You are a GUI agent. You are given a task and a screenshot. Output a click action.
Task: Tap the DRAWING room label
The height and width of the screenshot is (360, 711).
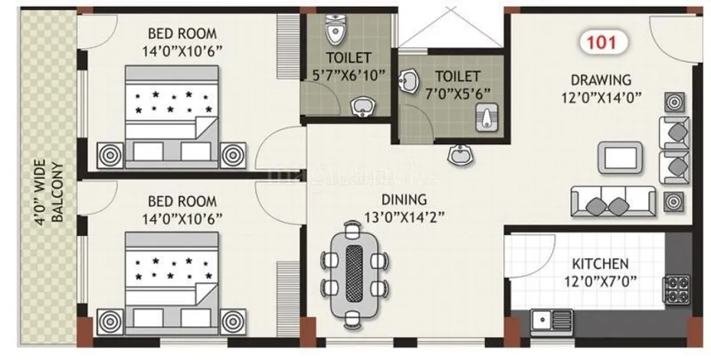tap(600, 80)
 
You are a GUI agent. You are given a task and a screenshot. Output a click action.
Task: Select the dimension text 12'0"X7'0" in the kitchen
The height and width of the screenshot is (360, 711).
tap(601, 280)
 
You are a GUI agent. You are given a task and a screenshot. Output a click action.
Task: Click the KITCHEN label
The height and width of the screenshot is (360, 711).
tap(601, 263)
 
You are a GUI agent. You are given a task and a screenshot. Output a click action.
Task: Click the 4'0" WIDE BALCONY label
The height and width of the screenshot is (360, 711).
tap(48, 191)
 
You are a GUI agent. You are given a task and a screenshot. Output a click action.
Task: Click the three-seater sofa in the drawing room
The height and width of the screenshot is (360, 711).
tap(612, 202)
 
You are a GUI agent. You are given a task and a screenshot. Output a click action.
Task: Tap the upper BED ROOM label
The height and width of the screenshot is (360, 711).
tap(182, 34)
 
